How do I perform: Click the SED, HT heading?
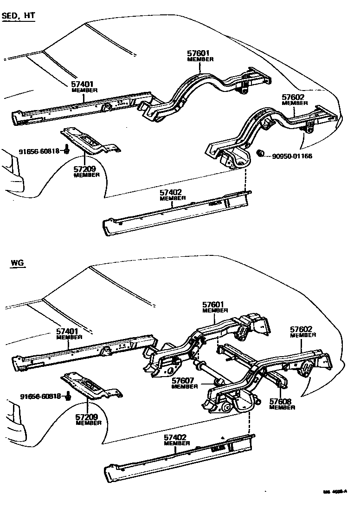click(19, 17)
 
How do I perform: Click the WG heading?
click(18, 264)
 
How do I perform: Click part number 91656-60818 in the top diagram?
click(39, 151)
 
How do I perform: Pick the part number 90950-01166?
click(292, 156)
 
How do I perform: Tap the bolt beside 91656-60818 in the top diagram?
click(67, 149)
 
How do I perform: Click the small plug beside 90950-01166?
click(261, 153)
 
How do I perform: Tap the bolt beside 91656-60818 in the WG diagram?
click(69, 396)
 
